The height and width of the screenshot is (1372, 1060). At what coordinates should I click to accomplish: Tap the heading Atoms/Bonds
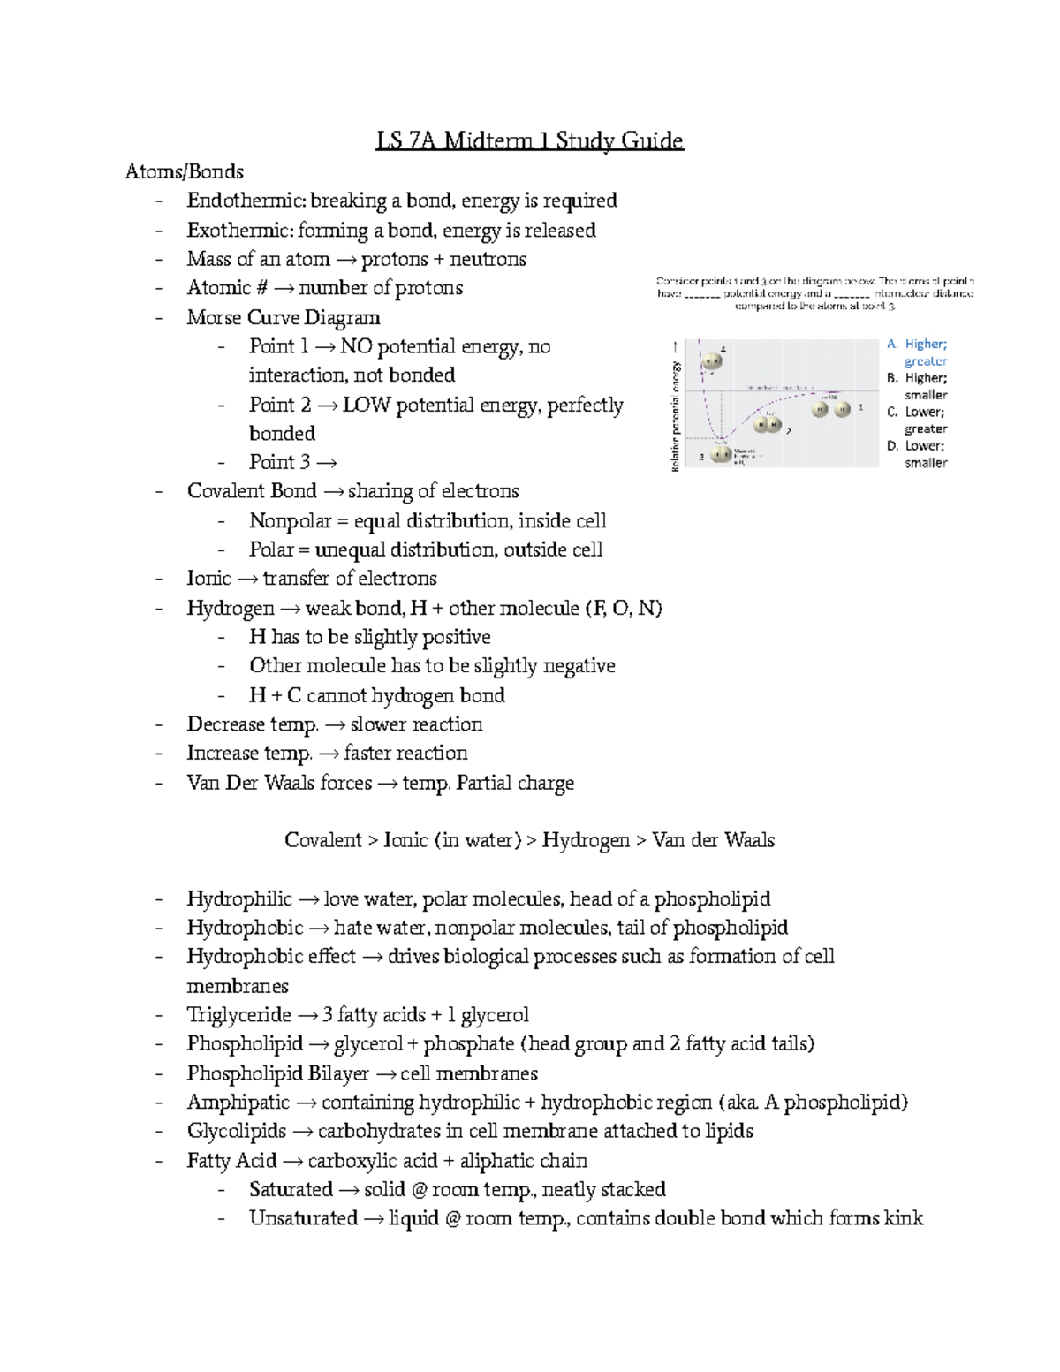point(184,171)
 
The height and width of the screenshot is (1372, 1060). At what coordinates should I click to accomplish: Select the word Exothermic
point(228,231)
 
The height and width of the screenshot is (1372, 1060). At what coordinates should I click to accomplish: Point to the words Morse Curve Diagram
point(283,317)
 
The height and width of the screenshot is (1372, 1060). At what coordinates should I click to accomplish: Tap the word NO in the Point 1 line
point(356,346)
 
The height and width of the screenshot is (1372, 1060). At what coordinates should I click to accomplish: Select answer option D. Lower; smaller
point(917,454)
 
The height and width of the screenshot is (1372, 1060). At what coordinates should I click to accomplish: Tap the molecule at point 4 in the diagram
point(710,360)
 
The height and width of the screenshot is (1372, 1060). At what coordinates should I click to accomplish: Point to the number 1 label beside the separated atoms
point(861,408)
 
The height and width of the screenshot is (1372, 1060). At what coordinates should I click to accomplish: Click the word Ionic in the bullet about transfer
point(208,579)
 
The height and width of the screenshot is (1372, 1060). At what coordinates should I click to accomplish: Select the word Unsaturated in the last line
point(303,1218)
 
